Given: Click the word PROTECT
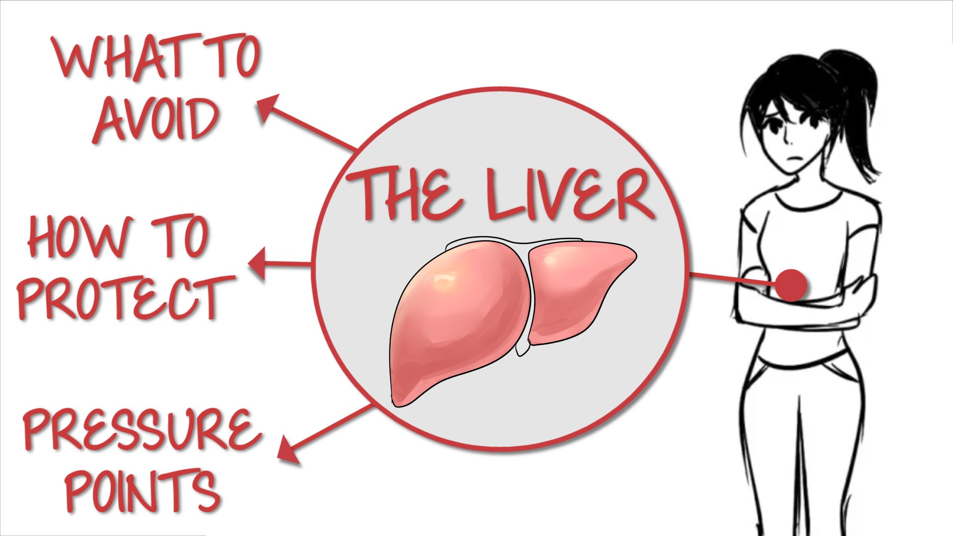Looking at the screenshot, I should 124,297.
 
